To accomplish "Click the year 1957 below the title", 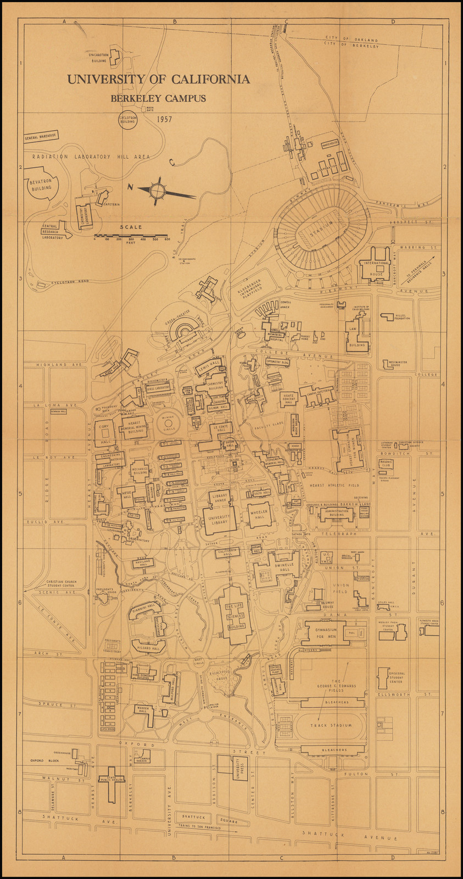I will coord(165,119).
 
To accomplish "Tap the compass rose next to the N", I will coord(158,190).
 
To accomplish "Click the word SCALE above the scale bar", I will coord(132,227).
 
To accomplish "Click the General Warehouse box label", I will coord(41,137).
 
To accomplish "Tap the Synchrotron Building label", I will coord(99,57).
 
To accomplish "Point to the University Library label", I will coord(219,518).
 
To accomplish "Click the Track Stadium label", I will coord(330,725).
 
